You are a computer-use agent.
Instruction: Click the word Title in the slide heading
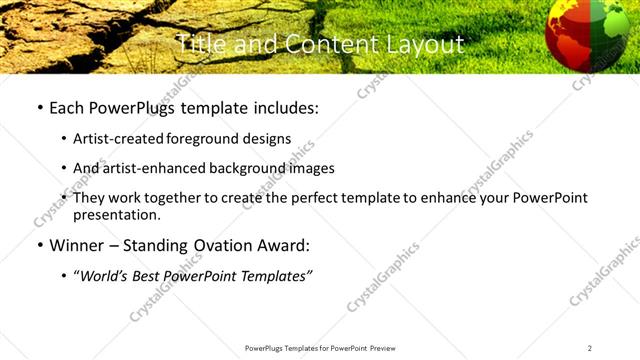tap(198, 45)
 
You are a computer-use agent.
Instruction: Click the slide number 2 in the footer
tap(590, 348)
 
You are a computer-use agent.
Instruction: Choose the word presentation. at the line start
tap(116, 215)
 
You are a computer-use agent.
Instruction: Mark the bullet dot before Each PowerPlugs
tap(39, 108)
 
